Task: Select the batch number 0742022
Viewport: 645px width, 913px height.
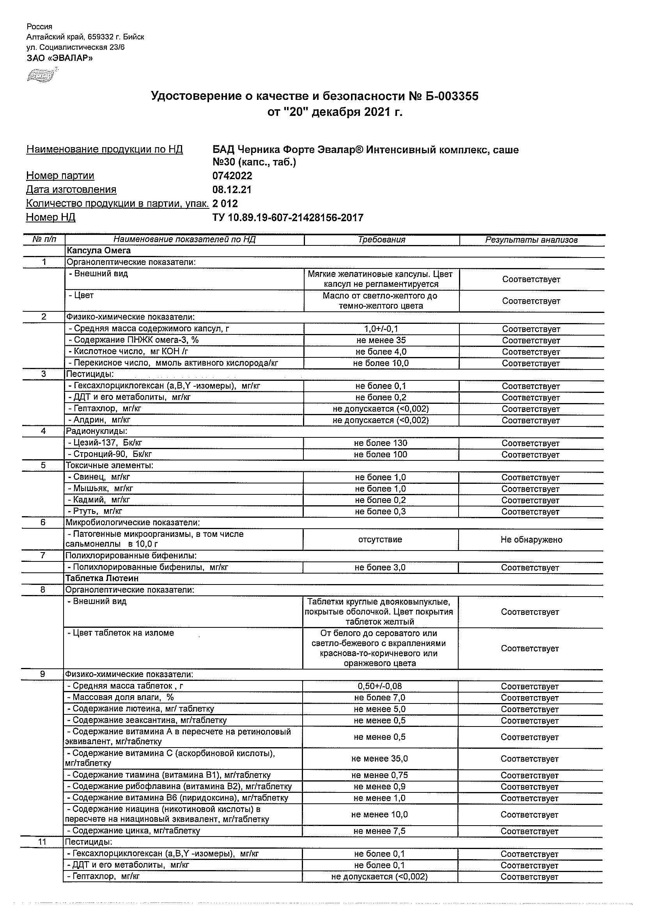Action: click(x=232, y=176)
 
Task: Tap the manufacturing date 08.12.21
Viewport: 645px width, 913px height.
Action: click(x=232, y=190)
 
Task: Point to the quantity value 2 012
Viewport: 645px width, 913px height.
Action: click(x=225, y=204)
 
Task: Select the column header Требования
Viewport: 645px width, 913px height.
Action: click(x=381, y=240)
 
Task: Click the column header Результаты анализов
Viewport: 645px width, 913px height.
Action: click(x=532, y=240)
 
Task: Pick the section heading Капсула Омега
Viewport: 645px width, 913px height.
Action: click(x=99, y=250)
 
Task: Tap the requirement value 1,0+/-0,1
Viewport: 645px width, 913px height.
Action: click(x=381, y=329)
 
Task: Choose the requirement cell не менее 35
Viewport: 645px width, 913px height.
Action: click(x=381, y=340)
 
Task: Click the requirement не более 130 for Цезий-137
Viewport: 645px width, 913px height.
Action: click(x=380, y=443)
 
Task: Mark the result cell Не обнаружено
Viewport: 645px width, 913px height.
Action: click(x=532, y=540)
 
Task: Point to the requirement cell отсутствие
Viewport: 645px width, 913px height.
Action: click(x=380, y=540)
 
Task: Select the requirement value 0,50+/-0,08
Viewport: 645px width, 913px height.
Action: click(x=380, y=686)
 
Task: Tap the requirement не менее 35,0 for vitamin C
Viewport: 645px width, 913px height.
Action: click(x=379, y=759)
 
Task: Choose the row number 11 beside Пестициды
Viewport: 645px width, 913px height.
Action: click(x=42, y=842)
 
